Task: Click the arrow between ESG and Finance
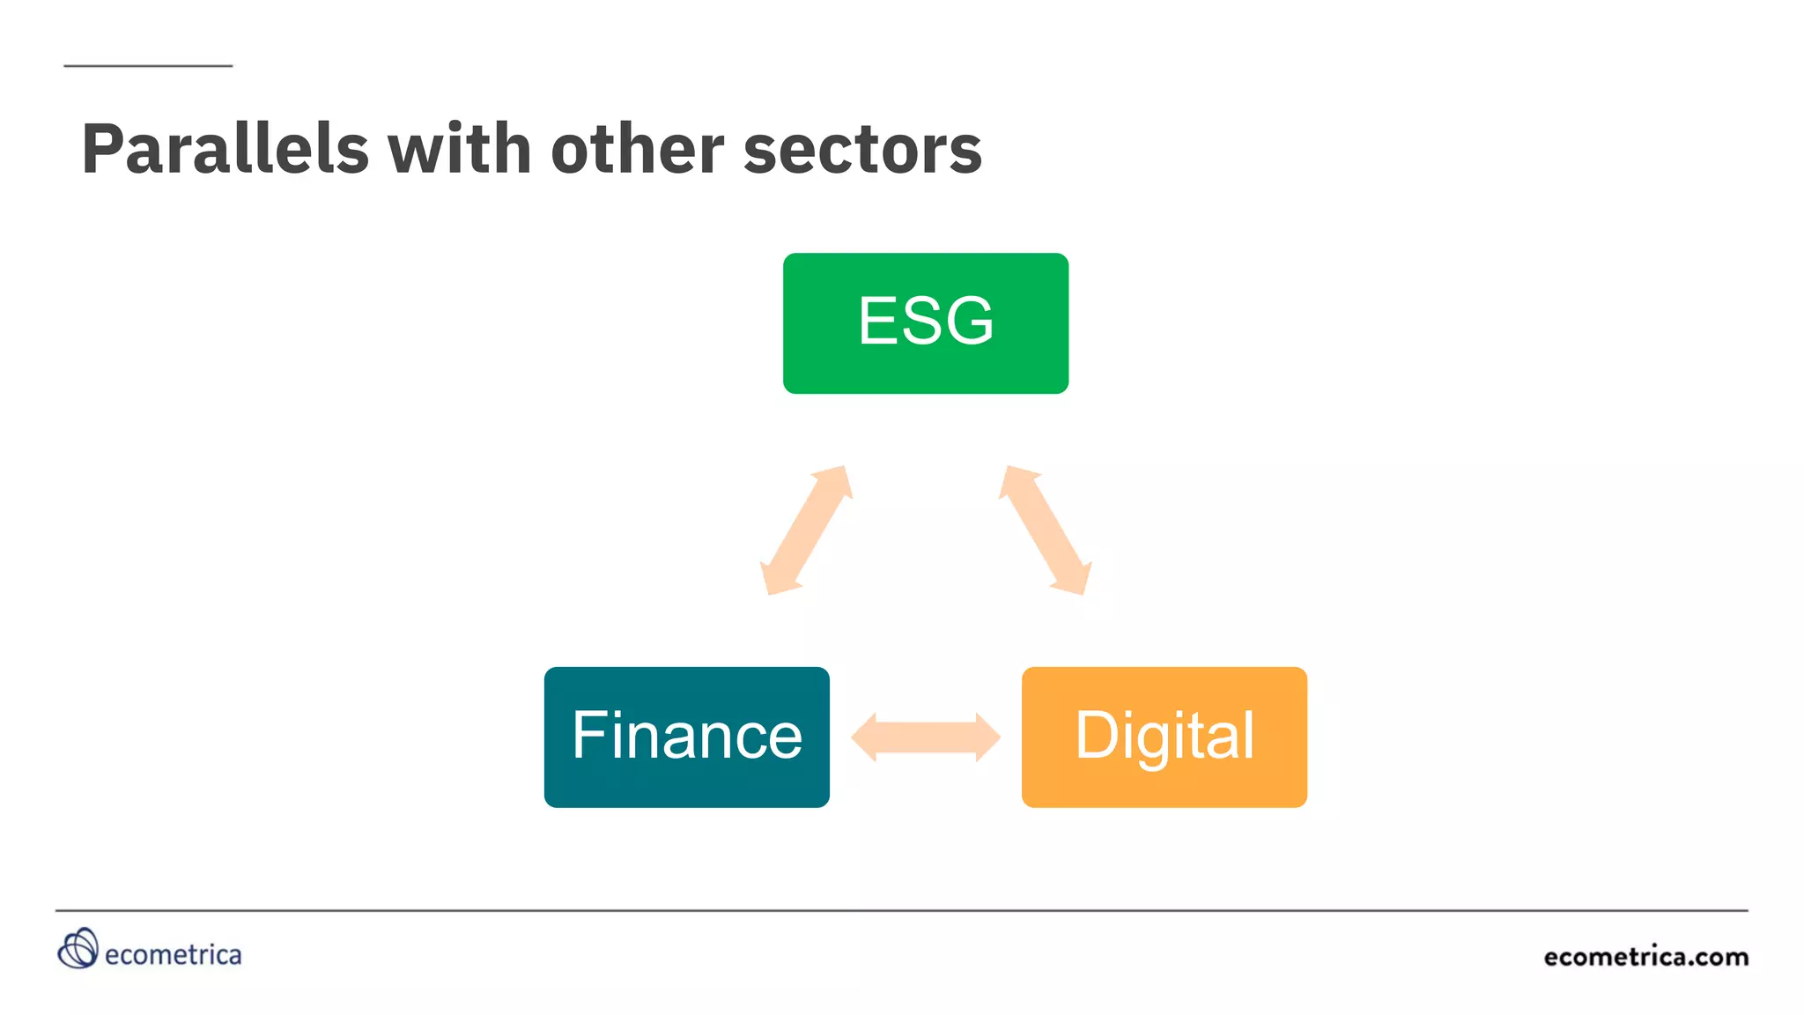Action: pyautogui.click(x=806, y=530)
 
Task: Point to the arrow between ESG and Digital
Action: pyautogui.click(x=1045, y=530)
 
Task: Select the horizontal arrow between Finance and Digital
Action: pyautogui.click(x=925, y=737)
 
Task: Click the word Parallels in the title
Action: pyautogui.click(x=225, y=150)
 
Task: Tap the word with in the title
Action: pyautogui.click(x=459, y=150)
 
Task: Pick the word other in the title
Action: pyautogui.click(x=636, y=150)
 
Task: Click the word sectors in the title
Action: pyautogui.click(x=862, y=150)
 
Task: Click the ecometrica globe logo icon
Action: pyautogui.click(x=78, y=949)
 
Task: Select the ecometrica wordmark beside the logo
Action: pyautogui.click(x=173, y=955)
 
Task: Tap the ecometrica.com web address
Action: pyautogui.click(x=1645, y=957)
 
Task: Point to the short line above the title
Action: pyautogui.click(x=148, y=66)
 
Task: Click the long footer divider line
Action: pyautogui.click(x=901, y=910)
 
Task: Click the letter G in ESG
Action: pyautogui.click(x=965, y=321)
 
